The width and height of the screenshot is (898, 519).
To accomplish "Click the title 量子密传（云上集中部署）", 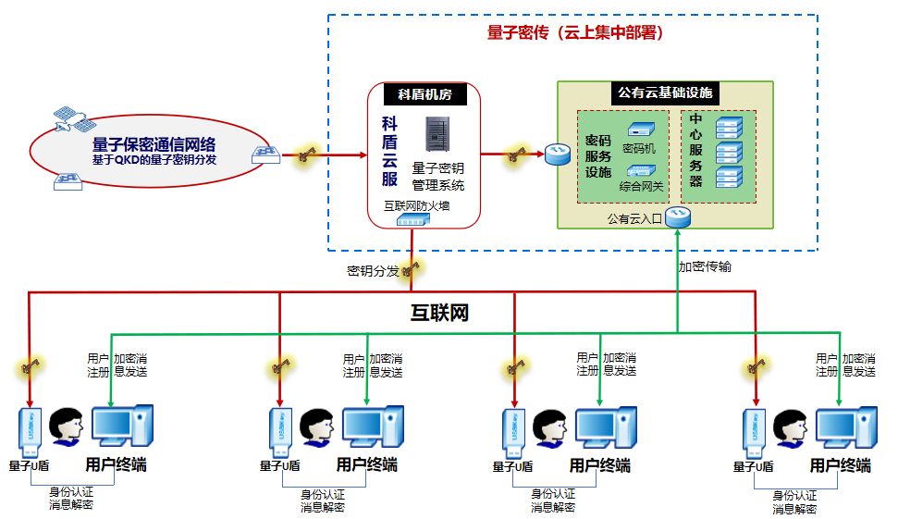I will [x=574, y=32].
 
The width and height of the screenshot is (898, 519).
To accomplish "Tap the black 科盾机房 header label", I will [x=424, y=94].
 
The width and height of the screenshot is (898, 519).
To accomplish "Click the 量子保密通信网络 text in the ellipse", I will [x=154, y=144].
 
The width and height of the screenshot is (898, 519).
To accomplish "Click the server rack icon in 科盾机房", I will [x=437, y=135].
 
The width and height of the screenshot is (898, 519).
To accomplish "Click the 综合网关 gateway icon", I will [x=640, y=170].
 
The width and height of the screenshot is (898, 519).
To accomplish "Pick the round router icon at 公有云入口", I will [x=679, y=216].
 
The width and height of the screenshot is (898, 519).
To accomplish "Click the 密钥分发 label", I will [x=373, y=271].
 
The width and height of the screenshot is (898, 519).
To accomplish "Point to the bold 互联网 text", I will [x=439, y=313].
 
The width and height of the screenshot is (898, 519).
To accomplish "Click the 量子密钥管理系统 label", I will [x=437, y=177].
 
